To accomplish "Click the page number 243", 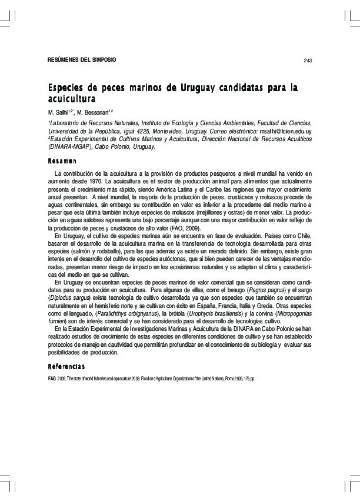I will (x=307, y=61).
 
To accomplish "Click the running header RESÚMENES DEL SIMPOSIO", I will (x=82, y=60).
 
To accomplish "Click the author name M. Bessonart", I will (x=95, y=111).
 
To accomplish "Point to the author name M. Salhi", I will (x=59, y=111).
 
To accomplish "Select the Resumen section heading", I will (x=62, y=161).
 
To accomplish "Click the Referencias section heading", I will (x=68, y=367).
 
